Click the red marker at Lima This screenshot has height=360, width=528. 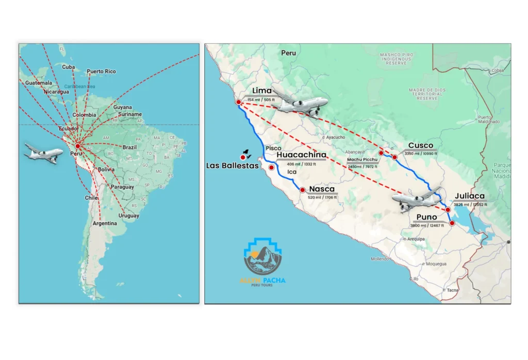[x=238, y=103]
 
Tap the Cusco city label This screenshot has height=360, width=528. [x=420, y=145]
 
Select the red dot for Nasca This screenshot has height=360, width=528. [x=302, y=190]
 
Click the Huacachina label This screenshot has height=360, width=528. [x=301, y=155]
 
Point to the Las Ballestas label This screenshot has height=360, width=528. [x=232, y=166]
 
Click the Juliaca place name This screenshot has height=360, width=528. [x=469, y=196]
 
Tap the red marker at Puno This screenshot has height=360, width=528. [x=452, y=223]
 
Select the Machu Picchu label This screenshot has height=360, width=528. [x=362, y=160]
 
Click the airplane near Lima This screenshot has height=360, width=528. [x=300, y=105]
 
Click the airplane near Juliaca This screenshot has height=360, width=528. [x=417, y=199]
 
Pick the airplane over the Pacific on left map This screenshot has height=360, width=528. [x=44, y=153]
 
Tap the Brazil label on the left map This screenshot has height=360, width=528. [x=129, y=147]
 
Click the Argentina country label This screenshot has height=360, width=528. [x=105, y=223]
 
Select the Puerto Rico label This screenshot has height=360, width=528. [x=101, y=71]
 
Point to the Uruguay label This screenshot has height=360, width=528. [x=128, y=216]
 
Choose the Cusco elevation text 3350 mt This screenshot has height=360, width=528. [x=421, y=154]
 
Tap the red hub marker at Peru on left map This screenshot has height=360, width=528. [x=77, y=146]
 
